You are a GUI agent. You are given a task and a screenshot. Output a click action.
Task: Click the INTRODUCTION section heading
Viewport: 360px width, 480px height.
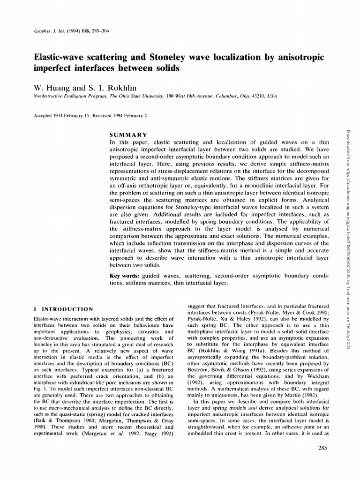(68, 309)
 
